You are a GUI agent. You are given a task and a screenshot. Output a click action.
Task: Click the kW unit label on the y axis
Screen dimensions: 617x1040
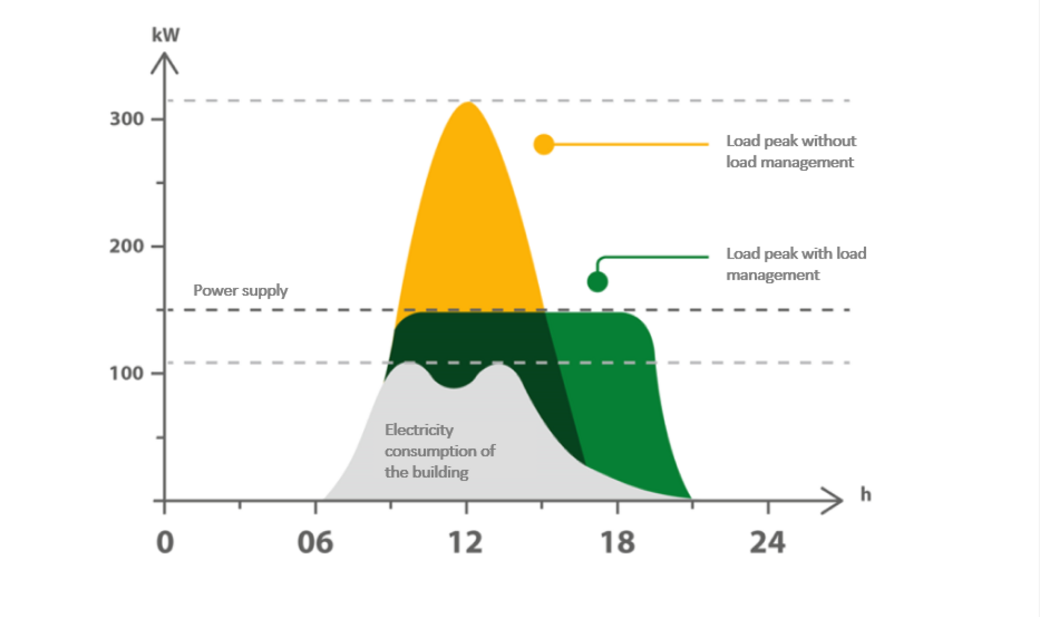(165, 35)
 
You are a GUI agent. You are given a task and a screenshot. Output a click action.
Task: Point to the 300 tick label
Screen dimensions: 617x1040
(127, 119)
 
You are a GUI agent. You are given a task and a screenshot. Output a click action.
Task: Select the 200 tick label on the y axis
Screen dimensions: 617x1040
(127, 246)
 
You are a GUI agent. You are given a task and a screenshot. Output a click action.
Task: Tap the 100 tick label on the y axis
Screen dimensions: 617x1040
(127, 373)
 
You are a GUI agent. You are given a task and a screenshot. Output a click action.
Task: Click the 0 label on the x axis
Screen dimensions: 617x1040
(165, 542)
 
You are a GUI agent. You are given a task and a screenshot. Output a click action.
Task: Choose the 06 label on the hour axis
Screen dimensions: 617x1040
(315, 542)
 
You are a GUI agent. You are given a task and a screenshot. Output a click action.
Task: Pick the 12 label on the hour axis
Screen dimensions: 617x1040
(465, 542)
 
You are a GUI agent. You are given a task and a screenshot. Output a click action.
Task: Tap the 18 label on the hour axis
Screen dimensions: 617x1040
(617, 542)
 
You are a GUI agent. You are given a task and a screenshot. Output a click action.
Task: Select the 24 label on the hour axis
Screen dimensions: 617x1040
(768, 542)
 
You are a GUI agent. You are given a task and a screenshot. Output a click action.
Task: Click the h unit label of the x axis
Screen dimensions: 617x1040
(866, 495)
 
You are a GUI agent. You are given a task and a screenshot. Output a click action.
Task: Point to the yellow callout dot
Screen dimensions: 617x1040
(544, 145)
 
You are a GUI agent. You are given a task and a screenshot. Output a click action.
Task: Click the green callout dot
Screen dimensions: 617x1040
(597, 282)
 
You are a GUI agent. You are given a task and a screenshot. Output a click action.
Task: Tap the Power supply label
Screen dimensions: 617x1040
(240, 290)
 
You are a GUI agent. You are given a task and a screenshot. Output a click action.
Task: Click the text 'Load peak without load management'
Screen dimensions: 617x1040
(791, 152)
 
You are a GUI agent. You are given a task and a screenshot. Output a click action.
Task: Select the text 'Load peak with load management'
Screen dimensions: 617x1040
(796, 264)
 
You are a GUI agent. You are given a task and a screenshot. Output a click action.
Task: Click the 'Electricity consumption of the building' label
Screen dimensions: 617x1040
(439, 451)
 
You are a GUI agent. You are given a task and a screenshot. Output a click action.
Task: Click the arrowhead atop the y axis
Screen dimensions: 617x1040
(165, 61)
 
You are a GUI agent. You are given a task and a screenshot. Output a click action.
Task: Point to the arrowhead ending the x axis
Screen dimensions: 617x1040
(834, 500)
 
